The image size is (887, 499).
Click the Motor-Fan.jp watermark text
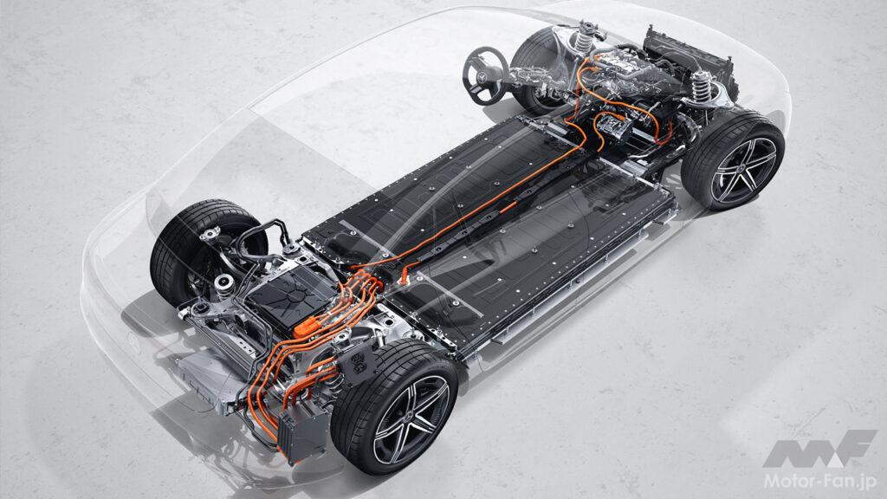[820, 480]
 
